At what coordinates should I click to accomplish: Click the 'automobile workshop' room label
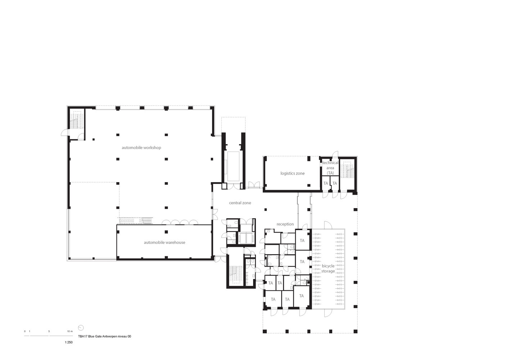tap(141, 148)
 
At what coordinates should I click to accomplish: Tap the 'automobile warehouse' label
tap(165, 242)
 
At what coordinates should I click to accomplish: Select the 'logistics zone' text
tap(292, 173)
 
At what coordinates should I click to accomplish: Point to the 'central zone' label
tap(240, 203)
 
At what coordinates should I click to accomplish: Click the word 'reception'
tap(285, 224)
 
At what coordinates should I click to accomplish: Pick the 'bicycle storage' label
tap(328, 269)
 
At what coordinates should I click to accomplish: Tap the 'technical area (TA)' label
tap(330, 168)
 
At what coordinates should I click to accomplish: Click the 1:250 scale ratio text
tap(69, 342)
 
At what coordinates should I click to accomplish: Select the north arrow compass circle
tap(81, 328)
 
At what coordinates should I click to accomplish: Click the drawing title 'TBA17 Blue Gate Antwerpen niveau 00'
tap(104, 336)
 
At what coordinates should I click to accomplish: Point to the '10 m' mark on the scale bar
tap(70, 331)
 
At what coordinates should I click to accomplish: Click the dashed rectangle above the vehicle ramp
tap(233, 125)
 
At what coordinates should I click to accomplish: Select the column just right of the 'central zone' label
tap(265, 209)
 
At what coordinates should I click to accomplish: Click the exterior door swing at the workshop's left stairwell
tap(64, 133)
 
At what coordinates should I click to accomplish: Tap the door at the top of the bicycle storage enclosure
tap(328, 225)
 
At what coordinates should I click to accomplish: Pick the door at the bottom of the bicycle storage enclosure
tap(328, 313)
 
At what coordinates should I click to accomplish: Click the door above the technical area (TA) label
tap(335, 154)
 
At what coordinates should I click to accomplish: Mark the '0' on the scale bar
tap(25, 331)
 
